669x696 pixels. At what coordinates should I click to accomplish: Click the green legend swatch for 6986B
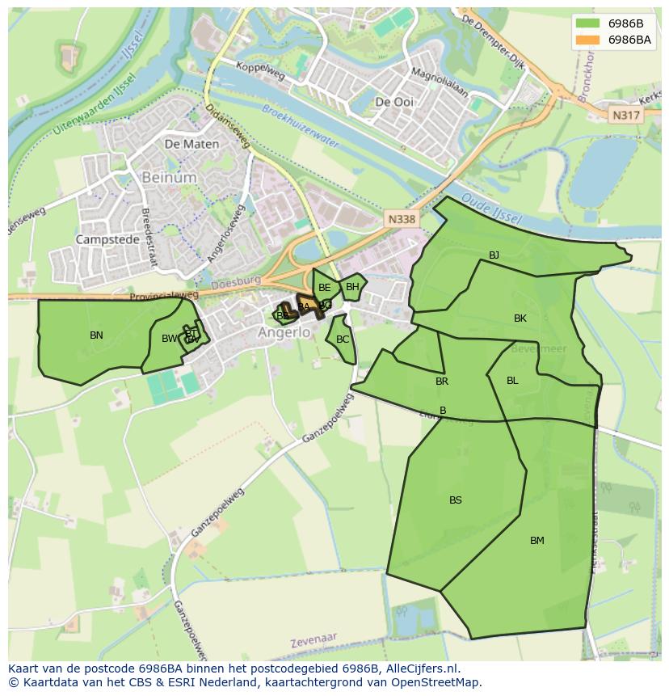(x=587, y=23)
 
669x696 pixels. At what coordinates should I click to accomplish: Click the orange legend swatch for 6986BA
(x=587, y=40)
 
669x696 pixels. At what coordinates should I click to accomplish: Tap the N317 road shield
(x=625, y=116)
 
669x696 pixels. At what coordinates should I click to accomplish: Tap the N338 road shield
(x=401, y=219)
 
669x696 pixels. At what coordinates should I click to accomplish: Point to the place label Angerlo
(x=284, y=332)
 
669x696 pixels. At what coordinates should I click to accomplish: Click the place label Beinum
(x=169, y=176)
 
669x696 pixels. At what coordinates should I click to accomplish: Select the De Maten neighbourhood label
(x=191, y=144)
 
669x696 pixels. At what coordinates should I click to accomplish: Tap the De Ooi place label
(x=394, y=102)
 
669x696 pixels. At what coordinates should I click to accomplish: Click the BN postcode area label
(x=96, y=335)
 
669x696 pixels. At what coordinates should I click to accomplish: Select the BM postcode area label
(x=537, y=541)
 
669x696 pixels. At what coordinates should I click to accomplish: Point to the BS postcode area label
(x=456, y=500)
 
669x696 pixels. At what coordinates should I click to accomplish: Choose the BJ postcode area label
(x=494, y=255)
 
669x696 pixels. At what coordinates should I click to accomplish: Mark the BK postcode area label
(x=520, y=318)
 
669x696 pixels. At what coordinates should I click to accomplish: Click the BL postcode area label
(x=512, y=381)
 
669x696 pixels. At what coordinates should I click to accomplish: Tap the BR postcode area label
(x=442, y=382)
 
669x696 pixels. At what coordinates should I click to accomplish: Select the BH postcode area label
(x=352, y=287)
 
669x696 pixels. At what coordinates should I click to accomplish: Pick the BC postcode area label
(x=343, y=340)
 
